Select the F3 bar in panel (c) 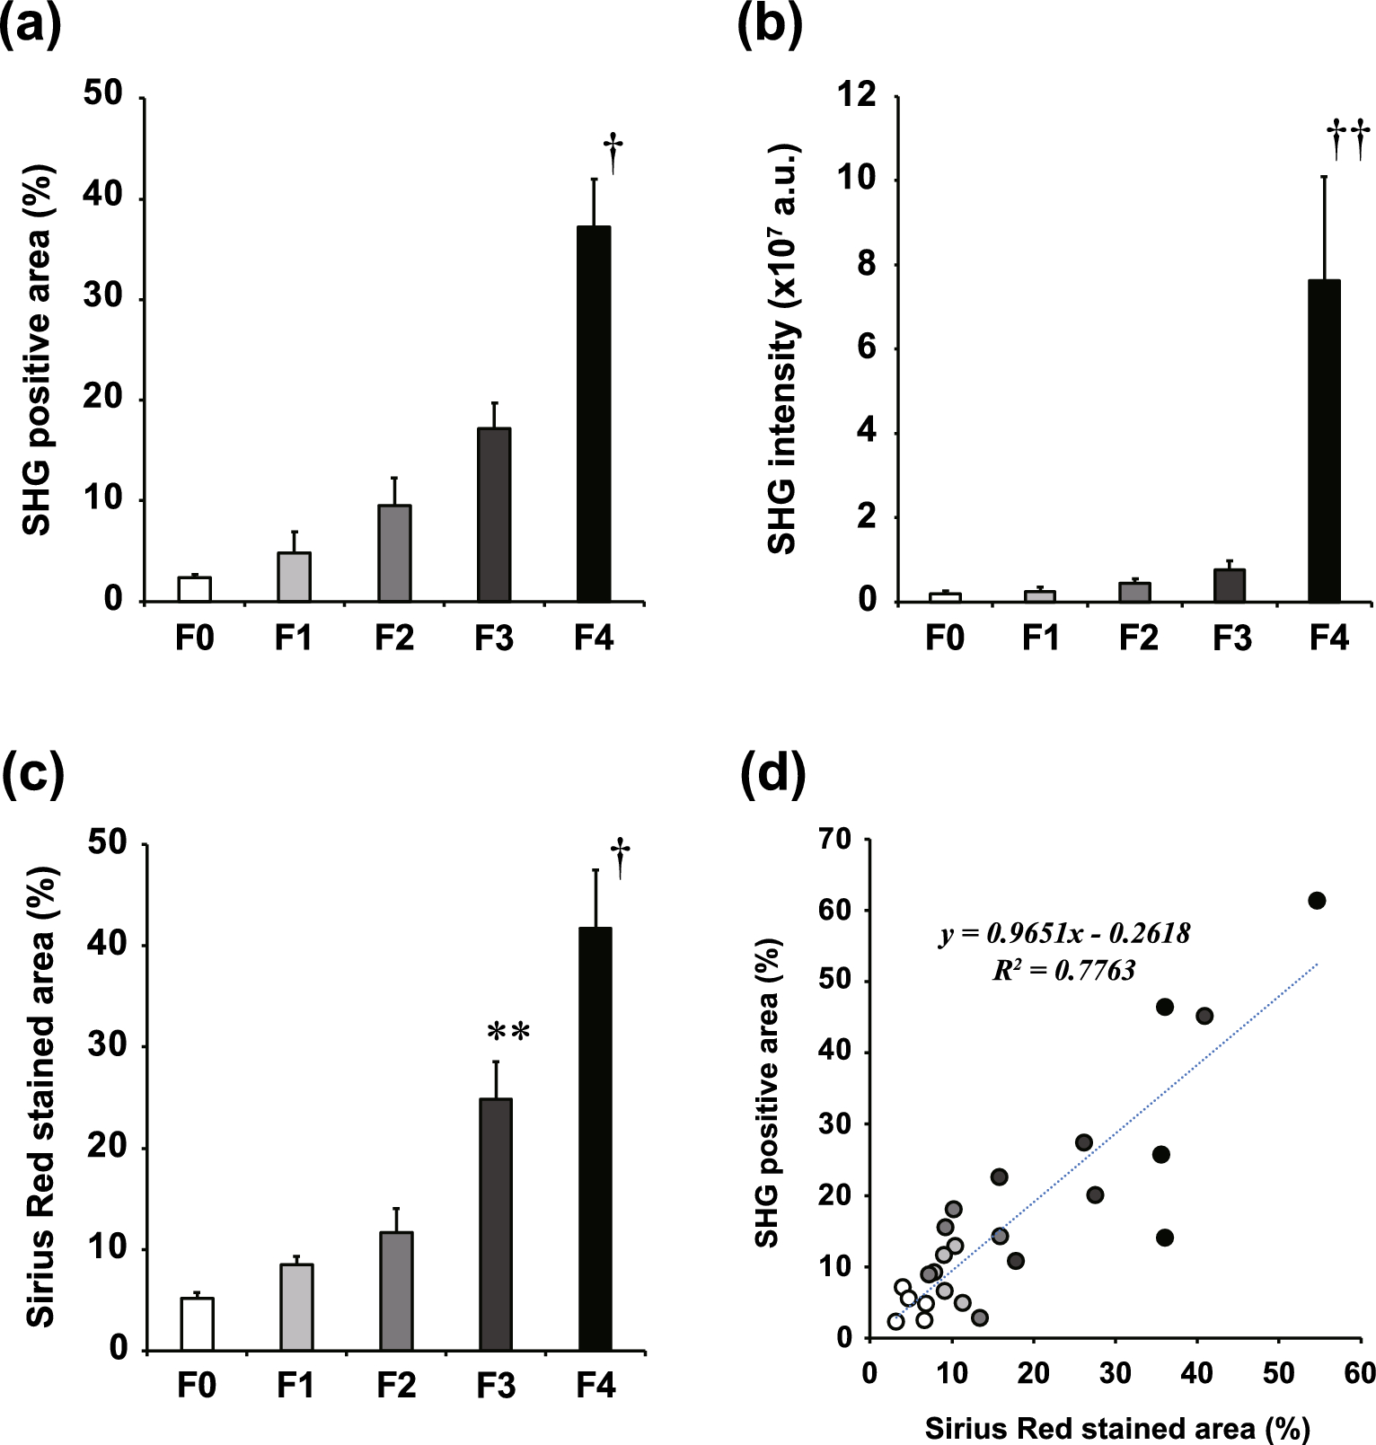[x=496, y=1223]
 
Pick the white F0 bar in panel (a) [x=195, y=589]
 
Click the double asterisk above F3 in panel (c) [x=508, y=1032]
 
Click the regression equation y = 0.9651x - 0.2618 [x=1064, y=934]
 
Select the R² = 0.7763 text [x=1063, y=970]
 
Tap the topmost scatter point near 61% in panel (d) [x=1317, y=901]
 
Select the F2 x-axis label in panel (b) [x=1138, y=638]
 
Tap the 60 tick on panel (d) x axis [x=1359, y=1373]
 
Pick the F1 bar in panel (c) [x=296, y=1307]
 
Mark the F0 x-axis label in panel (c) [x=196, y=1386]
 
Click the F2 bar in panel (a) [x=394, y=552]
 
